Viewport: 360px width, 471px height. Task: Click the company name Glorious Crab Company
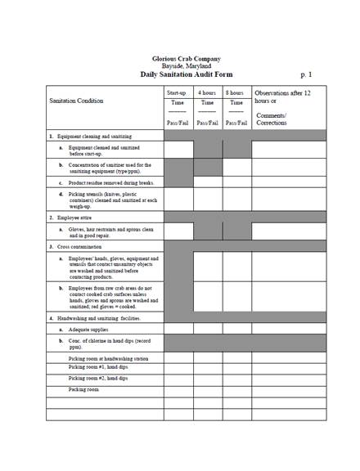186,59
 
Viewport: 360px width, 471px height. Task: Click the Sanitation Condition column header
77,101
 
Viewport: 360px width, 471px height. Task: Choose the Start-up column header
178,93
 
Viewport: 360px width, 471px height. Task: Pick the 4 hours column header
208,93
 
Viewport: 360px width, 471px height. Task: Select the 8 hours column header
236,93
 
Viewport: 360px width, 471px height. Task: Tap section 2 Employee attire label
73,218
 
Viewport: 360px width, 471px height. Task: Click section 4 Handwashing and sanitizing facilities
94,317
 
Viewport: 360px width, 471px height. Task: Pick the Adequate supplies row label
90,330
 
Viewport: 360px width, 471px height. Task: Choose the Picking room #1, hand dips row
98,368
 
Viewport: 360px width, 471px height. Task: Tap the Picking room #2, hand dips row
98,379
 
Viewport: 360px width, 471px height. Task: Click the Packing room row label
84,390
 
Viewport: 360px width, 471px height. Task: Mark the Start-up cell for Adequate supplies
178,330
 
